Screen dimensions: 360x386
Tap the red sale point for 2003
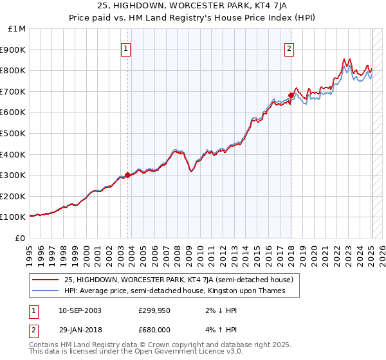click(127, 174)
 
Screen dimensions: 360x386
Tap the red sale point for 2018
click(291, 95)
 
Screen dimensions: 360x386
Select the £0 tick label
click(20, 238)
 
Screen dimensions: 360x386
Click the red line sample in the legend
click(45, 280)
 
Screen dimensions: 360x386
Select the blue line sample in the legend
click(45, 291)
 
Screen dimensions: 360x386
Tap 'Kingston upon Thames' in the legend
click(252, 291)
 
